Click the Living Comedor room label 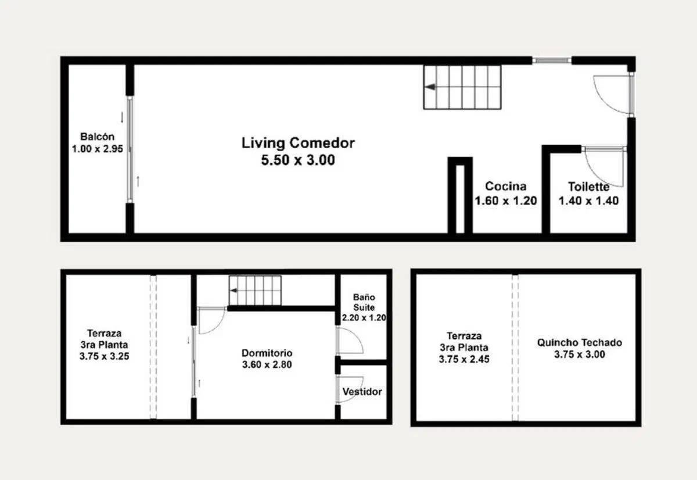[298, 143]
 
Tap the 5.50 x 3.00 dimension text [298, 160]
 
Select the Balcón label [98, 137]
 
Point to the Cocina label [506, 186]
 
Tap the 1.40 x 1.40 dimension [588, 201]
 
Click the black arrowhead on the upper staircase [430, 87]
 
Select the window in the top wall [551, 60]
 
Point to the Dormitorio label [267, 353]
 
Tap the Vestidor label [362, 392]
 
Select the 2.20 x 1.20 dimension [364, 318]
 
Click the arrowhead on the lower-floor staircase [233, 291]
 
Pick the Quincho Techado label [580, 343]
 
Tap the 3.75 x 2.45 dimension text [464, 359]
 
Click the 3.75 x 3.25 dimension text [104, 356]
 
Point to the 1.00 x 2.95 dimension [98, 149]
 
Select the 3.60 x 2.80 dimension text [267, 364]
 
